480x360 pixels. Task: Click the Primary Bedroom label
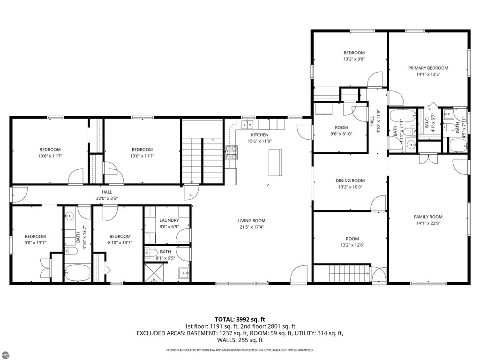(428, 68)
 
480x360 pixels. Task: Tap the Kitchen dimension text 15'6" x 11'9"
(260, 141)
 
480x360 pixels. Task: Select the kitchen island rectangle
(275, 162)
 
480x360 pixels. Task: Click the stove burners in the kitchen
(232, 153)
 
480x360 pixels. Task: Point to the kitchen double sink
(247, 124)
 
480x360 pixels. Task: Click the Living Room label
(252, 220)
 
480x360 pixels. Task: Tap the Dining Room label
(350, 180)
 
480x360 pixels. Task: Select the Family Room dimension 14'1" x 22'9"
(428, 223)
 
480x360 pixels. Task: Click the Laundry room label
(169, 220)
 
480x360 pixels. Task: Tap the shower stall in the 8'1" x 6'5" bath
(154, 272)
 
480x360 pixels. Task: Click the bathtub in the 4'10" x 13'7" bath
(77, 272)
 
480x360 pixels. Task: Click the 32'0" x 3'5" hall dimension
(107, 198)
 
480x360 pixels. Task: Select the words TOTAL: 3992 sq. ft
(240, 320)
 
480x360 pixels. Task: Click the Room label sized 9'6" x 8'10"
(341, 127)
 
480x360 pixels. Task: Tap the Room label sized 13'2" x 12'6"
(352, 239)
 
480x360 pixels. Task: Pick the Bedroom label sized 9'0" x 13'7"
(35, 236)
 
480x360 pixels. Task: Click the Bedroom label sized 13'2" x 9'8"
(354, 52)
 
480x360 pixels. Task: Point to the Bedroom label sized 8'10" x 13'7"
(120, 236)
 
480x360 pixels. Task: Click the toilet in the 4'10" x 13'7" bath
(71, 251)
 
